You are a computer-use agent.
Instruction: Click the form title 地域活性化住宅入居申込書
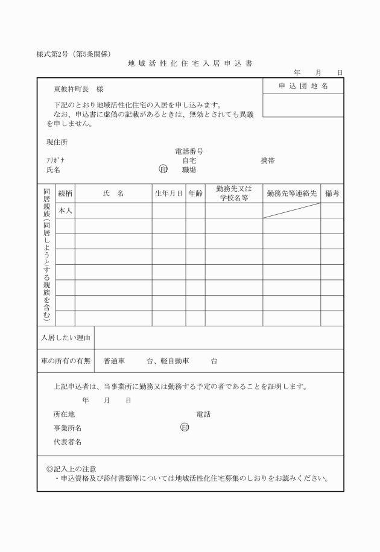(190, 63)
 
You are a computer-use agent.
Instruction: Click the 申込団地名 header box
(303, 86)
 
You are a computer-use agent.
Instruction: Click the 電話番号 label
(188, 152)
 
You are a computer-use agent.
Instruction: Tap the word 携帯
(267, 161)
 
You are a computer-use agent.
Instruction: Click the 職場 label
(189, 170)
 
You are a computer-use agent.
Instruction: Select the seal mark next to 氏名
(163, 170)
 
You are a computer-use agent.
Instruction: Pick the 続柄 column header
(65, 194)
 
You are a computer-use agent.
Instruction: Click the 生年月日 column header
(168, 194)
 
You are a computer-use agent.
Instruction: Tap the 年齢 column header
(195, 194)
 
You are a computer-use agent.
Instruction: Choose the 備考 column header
(332, 194)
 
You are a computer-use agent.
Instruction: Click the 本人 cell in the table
(65, 211)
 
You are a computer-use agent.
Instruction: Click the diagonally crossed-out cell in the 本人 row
(291, 211)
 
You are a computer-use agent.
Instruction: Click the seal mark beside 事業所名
(185, 428)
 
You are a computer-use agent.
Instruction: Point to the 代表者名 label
(68, 442)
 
